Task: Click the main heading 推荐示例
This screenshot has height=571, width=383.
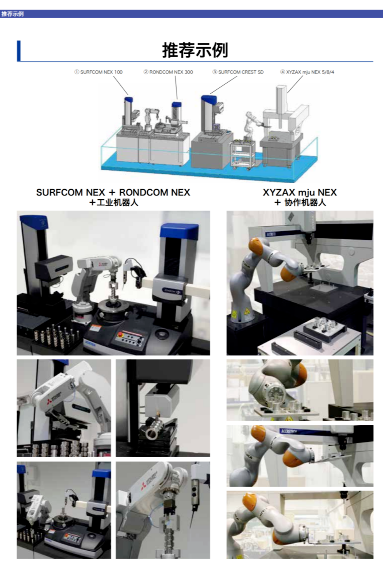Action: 195,50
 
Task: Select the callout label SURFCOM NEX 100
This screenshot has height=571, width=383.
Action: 98,72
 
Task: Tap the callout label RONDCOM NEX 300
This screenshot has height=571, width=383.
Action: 168,72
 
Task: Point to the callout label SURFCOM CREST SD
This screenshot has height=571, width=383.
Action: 238,72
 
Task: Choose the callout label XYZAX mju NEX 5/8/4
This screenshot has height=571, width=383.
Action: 307,72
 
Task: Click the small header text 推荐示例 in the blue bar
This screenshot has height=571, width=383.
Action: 12,14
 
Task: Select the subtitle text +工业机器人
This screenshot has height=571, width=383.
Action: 114,203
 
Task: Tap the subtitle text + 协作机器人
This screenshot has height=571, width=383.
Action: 300,203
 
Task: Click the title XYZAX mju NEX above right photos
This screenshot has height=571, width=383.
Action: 300,192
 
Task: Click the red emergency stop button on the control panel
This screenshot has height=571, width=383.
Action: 120,334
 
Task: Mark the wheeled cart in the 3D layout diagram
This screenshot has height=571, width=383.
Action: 243,154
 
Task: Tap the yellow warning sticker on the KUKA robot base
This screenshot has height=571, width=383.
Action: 246,312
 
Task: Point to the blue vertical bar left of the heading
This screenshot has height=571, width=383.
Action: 18,50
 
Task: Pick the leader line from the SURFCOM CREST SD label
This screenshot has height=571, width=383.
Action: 223,85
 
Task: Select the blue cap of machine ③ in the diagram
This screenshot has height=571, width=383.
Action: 209,99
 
